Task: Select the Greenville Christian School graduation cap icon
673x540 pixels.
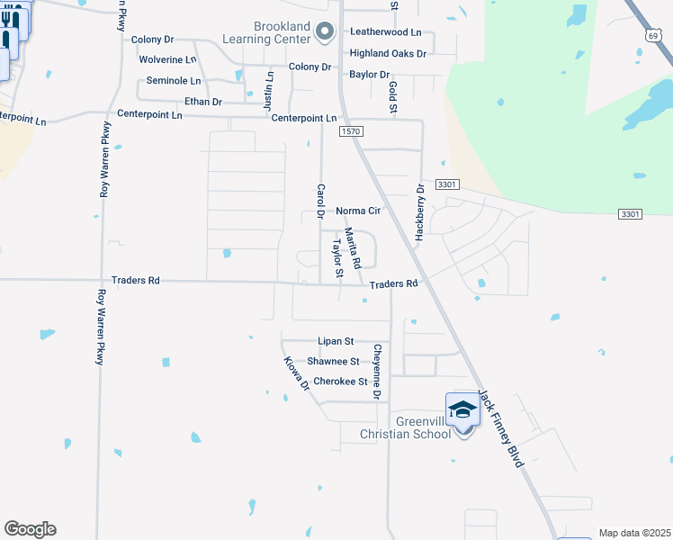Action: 462,409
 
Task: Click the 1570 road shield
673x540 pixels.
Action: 351,131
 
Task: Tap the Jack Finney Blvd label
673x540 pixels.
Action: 500,427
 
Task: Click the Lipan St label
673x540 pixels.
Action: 336,342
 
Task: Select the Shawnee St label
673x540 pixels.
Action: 333,362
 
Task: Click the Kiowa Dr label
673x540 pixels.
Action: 296,373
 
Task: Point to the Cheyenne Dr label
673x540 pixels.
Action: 378,372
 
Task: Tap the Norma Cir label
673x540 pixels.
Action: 359,211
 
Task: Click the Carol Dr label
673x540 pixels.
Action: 319,202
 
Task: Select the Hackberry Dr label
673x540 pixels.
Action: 419,211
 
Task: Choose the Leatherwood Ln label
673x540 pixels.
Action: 385,31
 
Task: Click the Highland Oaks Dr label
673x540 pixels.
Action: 388,53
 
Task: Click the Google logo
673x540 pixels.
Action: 30,529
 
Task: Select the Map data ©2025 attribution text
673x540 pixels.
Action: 634,533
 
